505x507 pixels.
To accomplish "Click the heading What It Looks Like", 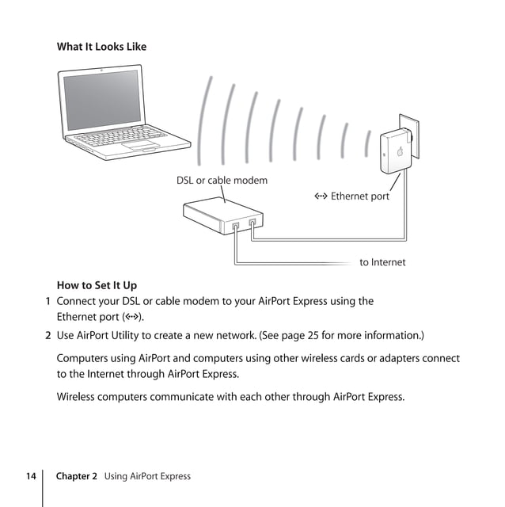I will pos(101,47).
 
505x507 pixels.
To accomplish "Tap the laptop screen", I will pos(102,100).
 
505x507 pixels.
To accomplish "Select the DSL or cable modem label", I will pos(222,181).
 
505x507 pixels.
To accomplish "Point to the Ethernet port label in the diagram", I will pos(351,196).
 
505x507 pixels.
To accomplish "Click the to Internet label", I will pos(382,262).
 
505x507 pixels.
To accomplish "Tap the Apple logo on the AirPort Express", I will pos(401,152).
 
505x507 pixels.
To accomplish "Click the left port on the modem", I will pos(236,227).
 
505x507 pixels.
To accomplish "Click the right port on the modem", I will pos(252,223).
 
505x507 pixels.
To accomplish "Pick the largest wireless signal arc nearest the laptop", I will pos(205,119).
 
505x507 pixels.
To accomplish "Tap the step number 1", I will pos(48,301).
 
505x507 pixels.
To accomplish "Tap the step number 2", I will pos(48,335).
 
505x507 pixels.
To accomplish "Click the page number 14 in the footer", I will pos(30,476).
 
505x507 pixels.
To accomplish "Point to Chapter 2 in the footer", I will pos(77,476).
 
